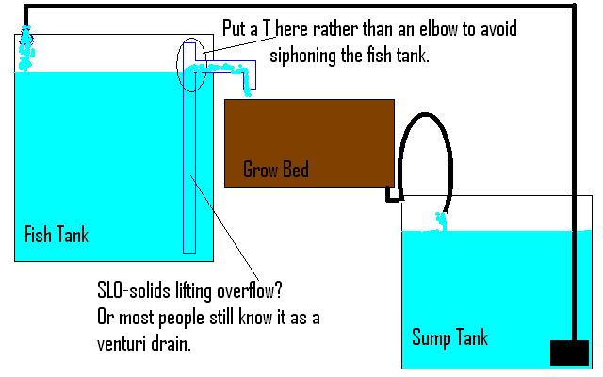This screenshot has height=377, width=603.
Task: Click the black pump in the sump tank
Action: tap(569, 352)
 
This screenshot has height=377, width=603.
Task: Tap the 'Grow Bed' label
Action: tap(275, 171)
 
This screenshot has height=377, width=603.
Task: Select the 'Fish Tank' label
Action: tap(57, 234)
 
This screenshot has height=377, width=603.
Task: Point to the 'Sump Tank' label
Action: tap(450, 336)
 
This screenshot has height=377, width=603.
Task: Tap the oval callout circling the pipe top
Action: tap(189, 66)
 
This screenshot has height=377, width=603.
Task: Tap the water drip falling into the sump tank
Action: tap(439, 222)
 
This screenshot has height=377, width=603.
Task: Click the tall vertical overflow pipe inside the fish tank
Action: tap(189, 160)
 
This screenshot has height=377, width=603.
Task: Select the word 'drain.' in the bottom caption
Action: tap(173, 345)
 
